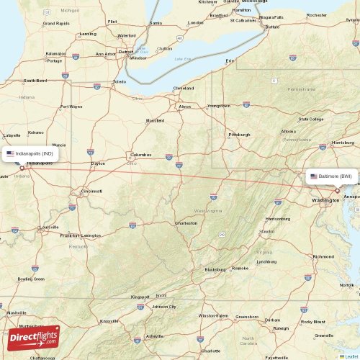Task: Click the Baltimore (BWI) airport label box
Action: click(x=333, y=176)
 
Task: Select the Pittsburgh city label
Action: click(x=239, y=135)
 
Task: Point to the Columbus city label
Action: click(x=141, y=155)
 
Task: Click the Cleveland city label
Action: click(x=184, y=88)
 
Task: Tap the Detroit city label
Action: click(x=127, y=52)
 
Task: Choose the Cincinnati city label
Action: click(x=91, y=192)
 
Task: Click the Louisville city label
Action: click(x=50, y=227)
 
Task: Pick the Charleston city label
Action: click(x=186, y=223)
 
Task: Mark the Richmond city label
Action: click(x=323, y=256)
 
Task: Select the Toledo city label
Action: click(x=120, y=82)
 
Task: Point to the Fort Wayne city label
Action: click(x=71, y=107)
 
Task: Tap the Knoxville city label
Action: click(x=109, y=321)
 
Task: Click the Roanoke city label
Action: click(x=240, y=268)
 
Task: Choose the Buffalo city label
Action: click(x=272, y=27)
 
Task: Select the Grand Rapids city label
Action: click(x=55, y=23)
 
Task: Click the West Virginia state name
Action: click(x=205, y=210)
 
